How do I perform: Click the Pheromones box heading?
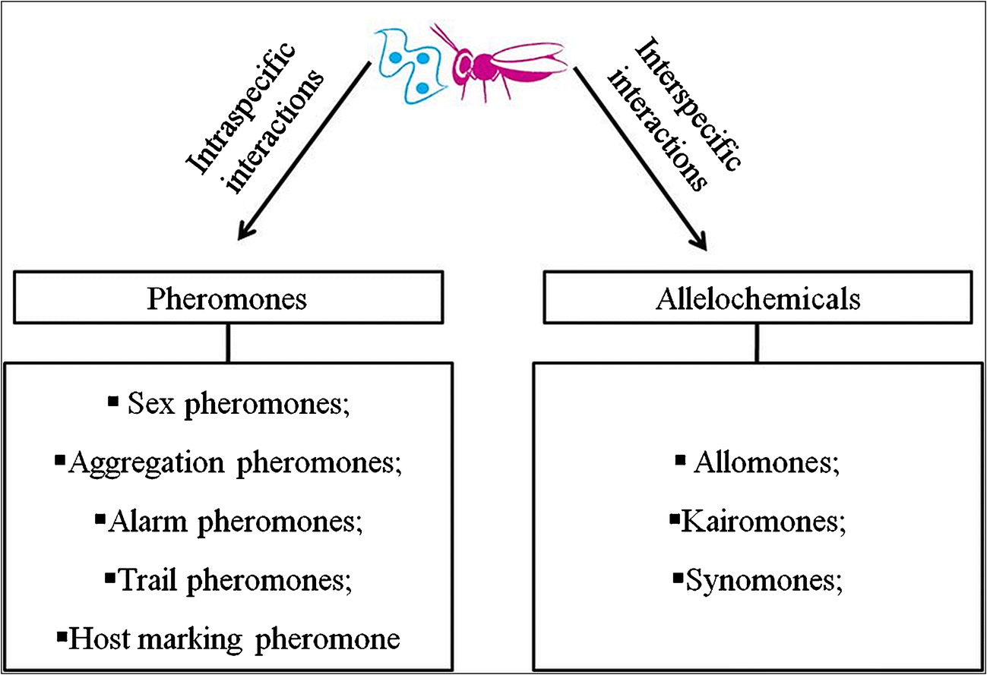[226, 298]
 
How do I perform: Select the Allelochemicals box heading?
[758, 298]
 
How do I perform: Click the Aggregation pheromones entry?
[235, 463]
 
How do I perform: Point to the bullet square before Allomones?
[680, 459]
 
